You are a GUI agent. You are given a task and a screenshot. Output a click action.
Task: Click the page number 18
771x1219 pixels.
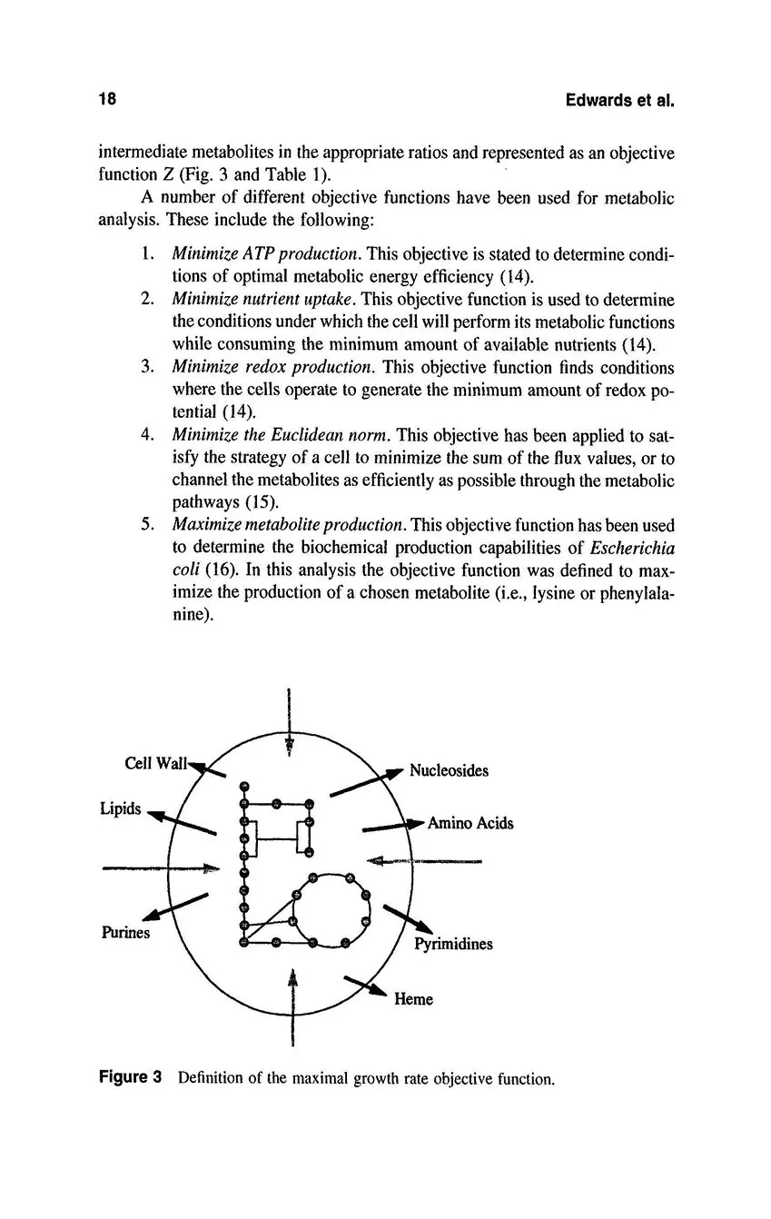point(108,100)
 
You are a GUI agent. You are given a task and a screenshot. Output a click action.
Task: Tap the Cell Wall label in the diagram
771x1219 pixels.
point(155,764)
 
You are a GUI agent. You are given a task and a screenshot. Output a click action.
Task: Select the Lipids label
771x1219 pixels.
point(120,808)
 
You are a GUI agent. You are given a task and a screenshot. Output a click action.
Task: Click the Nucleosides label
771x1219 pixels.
point(449,771)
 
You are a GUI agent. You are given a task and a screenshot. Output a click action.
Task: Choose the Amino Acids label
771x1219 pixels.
point(470,824)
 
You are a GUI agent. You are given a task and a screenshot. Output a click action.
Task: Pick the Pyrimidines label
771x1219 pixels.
point(453,944)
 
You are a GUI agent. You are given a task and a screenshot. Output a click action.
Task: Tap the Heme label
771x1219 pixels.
point(413,999)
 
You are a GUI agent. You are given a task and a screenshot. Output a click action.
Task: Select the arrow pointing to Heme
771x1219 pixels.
point(366,985)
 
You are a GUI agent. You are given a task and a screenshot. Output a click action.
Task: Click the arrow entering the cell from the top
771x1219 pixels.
point(289,722)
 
